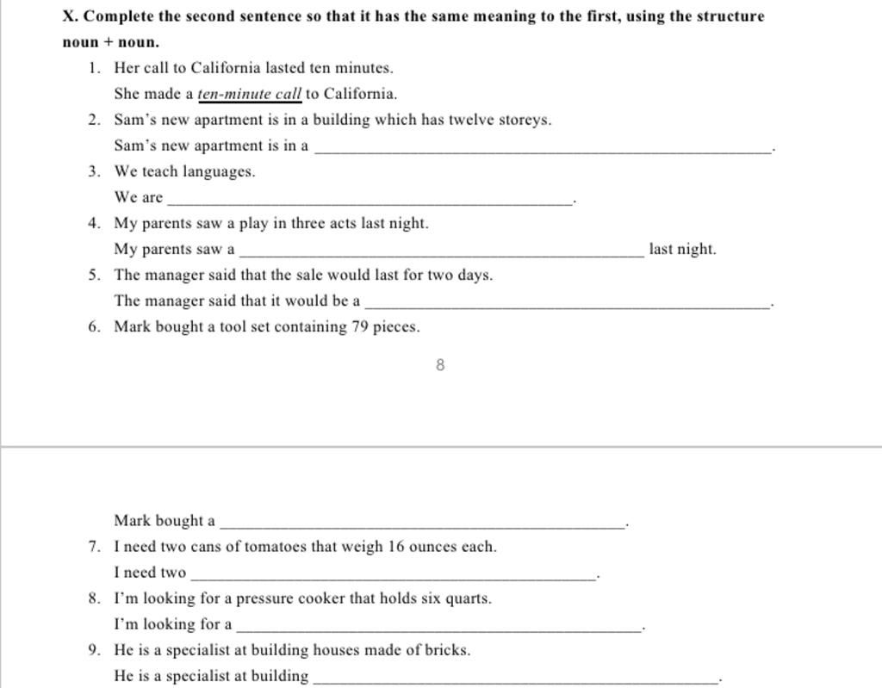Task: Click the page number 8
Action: (x=440, y=365)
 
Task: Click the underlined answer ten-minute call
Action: (x=250, y=94)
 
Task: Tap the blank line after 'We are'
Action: (x=370, y=200)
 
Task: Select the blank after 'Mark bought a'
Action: (x=422, y=523)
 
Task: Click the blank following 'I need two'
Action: (x=393, y=575)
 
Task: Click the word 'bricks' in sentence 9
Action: (x=446, y=650)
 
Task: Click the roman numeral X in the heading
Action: (x=69, y=16)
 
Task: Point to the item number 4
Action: (x=93, y=224)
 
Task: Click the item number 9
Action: (x=93, y=650)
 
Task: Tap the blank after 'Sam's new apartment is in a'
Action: (x=543, y=149)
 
